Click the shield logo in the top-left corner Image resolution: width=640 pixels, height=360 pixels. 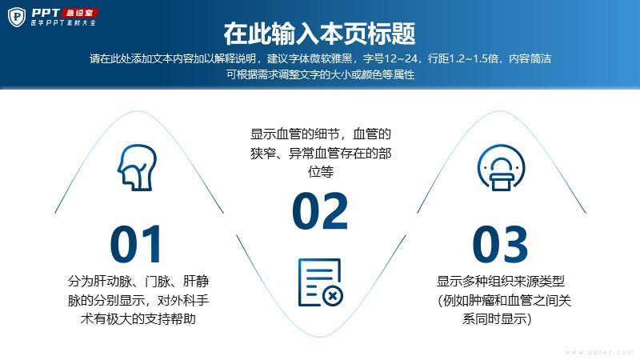[x=17, y=17]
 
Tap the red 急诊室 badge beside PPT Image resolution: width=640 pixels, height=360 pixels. [x=79, y=13]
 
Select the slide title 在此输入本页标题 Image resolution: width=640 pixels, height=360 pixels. [x=319, y=34]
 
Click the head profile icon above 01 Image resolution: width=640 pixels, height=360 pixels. [x=138, y=167]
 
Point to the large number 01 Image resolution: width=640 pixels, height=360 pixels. [x=136, y=244]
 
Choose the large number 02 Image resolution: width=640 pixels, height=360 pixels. [x=321, y=210]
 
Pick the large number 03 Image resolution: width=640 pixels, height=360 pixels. [x=501, y=244]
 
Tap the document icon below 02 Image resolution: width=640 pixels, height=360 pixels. [x=321, y=282]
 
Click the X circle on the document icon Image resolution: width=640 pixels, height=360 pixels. [x=333, y=295]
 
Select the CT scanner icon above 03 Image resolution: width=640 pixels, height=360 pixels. [x=502, y=167]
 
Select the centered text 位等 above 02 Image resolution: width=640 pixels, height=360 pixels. [x=321, y=172]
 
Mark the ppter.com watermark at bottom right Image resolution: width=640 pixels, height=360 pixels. [x=598, y=352]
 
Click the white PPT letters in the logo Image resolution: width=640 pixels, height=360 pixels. [x=46, y=13]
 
